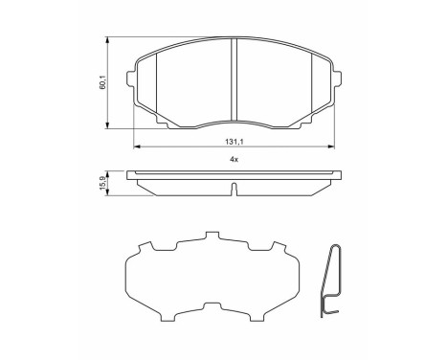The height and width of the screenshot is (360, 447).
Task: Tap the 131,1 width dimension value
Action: (235, 138)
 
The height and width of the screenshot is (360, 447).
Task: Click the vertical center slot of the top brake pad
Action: (235, 81)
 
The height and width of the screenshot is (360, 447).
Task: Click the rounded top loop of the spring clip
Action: (334, 247)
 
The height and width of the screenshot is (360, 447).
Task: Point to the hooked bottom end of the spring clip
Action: (328, 307)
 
